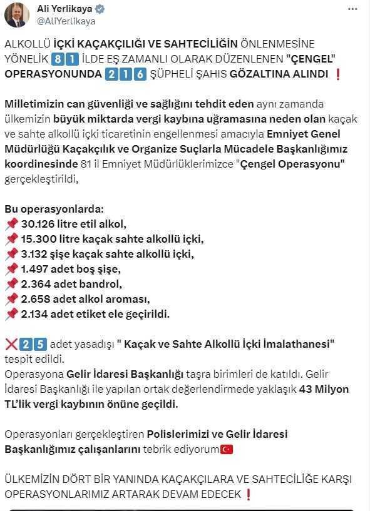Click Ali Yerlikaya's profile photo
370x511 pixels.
(x=16, y=14)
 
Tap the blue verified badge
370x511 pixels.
(x=100, y=9)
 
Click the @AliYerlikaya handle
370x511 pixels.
(x=66, y=21)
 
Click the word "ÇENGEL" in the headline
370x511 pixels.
(x=311, y=58)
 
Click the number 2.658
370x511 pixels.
(x=38, y=298)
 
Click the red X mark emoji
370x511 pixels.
(x=10, y=343)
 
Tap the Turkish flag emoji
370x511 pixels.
(x=227, y=449)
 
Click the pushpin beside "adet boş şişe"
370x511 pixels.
(x=11, y=268)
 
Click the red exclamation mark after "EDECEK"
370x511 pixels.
(x=249, y=494)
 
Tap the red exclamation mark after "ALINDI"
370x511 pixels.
(x=338, y=74)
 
